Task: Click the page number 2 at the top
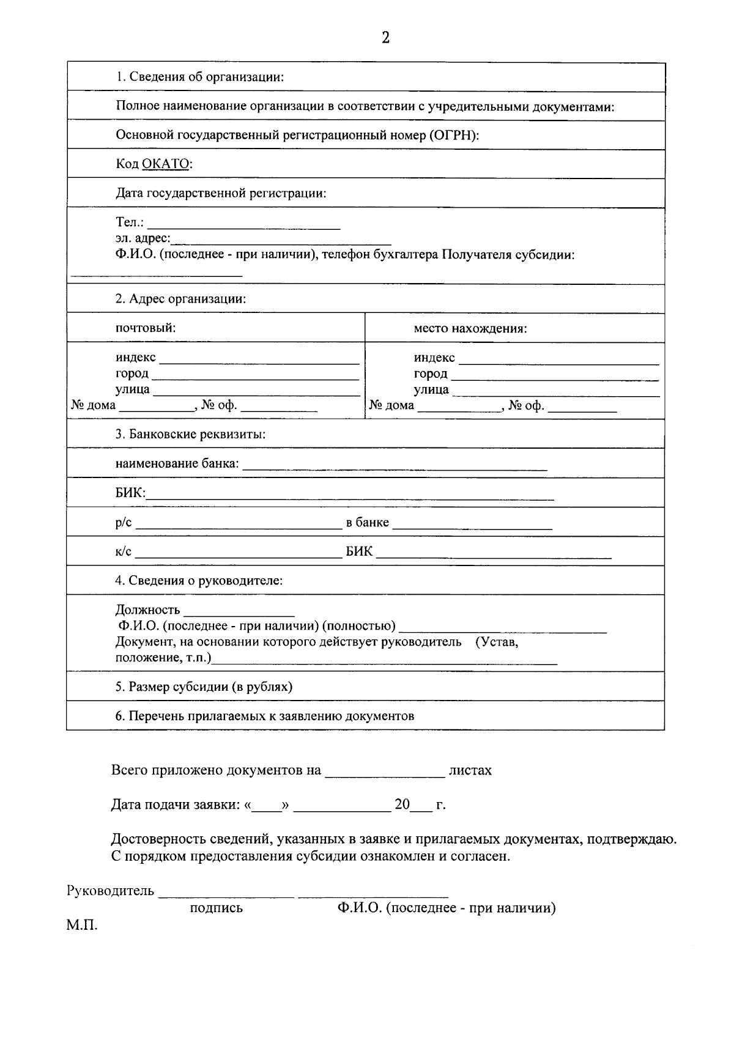point(385,38)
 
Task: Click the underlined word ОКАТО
point(166,164)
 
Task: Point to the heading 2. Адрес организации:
point(180,299)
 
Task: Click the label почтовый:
point(146,328)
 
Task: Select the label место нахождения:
point(470,328)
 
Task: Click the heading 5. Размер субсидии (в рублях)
point(204,686)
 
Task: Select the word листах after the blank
point(470,770)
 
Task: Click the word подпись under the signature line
point(216,908)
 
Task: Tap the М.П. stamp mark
point(82,926)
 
